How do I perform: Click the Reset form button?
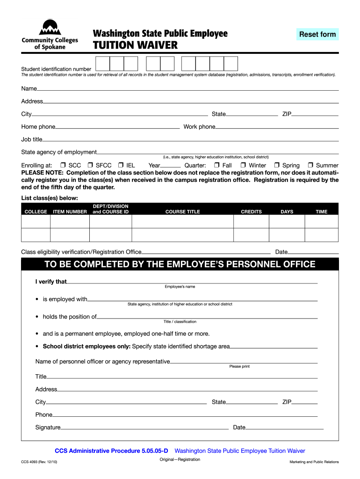click(317, 34)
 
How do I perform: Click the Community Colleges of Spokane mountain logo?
click(49, 28)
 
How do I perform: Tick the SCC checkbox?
click(63, 166)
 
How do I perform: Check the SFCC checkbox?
click(90, 166)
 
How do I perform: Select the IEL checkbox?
click(121, 166)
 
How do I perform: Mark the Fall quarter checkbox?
click(216, 166)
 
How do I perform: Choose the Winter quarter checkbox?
click(243, 166)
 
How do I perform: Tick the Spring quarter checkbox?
click(277, 166)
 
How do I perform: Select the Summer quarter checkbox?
click(310, 166)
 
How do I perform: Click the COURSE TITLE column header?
click(182, 212)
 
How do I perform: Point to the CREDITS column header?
click(251, 212)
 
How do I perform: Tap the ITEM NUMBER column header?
click(70, 212)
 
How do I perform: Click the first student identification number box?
click(102, 64)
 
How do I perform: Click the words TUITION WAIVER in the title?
click(135, 45)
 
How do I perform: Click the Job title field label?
click(32, 139)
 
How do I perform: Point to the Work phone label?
click(199, 127)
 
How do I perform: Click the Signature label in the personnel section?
click(48, 427)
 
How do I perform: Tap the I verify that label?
click(51, 282)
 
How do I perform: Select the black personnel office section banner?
click(180, 264)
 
